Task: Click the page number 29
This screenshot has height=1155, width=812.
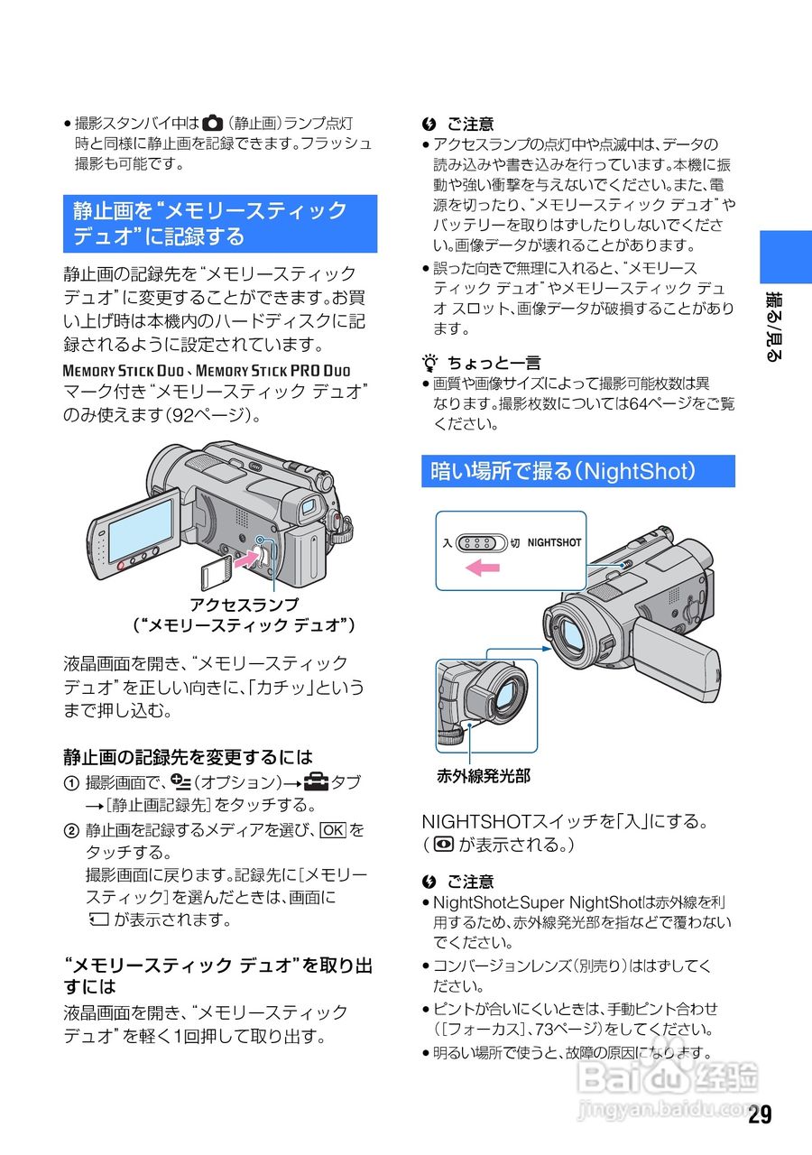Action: pyautogui.click(x=760, y=1113)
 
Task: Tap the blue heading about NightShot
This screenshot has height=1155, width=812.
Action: pyautogui.click(x=577, y=471)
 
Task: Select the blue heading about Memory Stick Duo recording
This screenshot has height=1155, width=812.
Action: pyautogui.click(x=219, y=224)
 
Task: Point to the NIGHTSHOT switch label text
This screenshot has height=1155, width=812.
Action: pyautogui.click(x=554, y=543)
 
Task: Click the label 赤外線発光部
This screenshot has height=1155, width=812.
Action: pyautogui.click(x=484, y=774)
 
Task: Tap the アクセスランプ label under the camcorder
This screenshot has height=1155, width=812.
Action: pyautogui.click(x=244, y=604)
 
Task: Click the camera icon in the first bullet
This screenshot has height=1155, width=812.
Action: pyautogui.click(x=211, y=123)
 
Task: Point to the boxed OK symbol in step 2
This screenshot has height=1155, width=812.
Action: pyautogui.click(x=333, y=829)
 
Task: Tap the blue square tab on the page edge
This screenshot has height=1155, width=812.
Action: pyautogui.click(x=785, y=257)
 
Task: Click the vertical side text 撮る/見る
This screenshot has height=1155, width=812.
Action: pyautogui.click(x=773, y=326)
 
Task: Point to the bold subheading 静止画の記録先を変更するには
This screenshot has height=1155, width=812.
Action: pyautogui.click(x=188, y=756)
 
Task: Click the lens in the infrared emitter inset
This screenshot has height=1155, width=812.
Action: pyautogui.click(x=506, y=695)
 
